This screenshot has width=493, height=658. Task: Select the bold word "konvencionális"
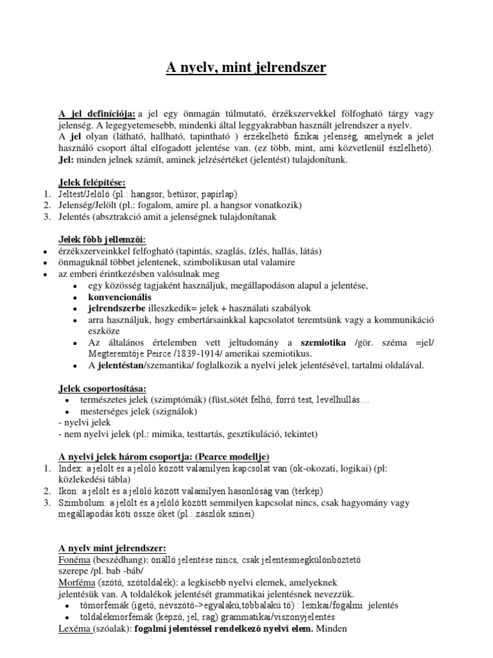tap(120, 298)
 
